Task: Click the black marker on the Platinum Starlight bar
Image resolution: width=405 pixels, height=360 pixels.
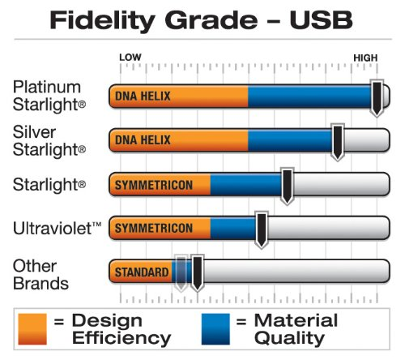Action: [377, 98]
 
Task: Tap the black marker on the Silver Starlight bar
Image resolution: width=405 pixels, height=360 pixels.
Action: [338, 142]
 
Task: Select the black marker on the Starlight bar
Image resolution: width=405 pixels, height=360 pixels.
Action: [288, 186]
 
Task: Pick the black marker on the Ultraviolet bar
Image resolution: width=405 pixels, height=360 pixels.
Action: [262, 229]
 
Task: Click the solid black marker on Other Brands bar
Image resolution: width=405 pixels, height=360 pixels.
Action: [198, 273]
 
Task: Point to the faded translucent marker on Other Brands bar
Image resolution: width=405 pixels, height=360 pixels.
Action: [181, 273]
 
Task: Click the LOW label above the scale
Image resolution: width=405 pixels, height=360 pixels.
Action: [130, 58]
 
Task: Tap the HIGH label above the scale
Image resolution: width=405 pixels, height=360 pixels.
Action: [365, 58]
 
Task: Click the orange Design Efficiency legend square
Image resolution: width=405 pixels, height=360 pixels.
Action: [32, 329]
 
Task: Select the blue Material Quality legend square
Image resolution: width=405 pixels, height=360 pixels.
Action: [215, 329]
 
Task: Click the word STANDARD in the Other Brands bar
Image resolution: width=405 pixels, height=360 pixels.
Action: [142, 272]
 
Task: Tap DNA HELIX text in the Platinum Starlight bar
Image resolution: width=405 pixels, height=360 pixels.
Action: [143, 96]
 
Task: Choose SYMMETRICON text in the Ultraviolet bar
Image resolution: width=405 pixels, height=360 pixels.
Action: [154, 228]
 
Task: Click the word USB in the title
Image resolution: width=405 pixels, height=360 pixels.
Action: [321, 20]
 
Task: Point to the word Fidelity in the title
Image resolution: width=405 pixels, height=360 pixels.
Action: [102, 22]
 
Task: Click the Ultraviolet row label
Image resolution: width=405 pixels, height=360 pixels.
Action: [57, 229]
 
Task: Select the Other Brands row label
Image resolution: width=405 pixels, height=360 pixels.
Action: [40, 275]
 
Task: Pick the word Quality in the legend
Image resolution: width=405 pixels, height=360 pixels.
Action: [289, 338]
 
